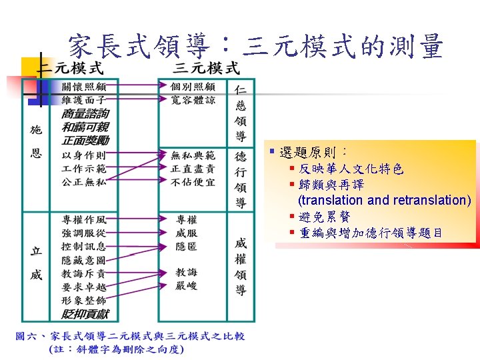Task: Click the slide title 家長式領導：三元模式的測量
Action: (x=256, y=47)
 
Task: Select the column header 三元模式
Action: (x=206, y=67)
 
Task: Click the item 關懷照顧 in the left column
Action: (x=84, y=87)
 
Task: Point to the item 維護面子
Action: (x=84, y=99)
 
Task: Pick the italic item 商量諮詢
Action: (x=85, y=114)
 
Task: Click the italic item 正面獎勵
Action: (x=85, y=140)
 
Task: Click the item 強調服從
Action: (x=84, y=233)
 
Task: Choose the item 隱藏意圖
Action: (x=84, y=259)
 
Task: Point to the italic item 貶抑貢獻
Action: (x=85, y=313)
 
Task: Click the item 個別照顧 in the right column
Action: (x=193, y=87)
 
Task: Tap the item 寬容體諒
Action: (x=193, y=100)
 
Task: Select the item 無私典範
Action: (x=193, y=155)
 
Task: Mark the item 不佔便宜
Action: (x=193, y=181)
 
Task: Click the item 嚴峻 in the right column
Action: (x=187, y=286)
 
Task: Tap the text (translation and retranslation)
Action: (x=384, y=200)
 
